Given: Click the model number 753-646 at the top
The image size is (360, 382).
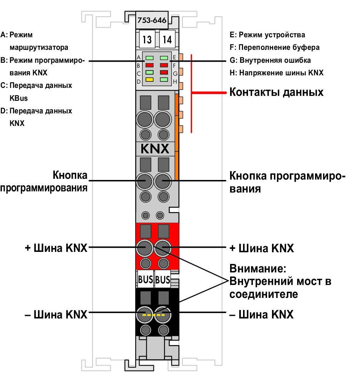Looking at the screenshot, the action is click(152, 20).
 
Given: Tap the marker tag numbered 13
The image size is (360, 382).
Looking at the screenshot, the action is click(147, 39).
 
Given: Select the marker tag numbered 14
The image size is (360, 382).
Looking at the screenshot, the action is click(167, 39).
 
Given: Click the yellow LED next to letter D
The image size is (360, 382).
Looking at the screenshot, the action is click(149, 80).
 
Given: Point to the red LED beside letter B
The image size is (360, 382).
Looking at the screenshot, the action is click(149, 65).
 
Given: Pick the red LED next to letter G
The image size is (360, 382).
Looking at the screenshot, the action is click(164, 72).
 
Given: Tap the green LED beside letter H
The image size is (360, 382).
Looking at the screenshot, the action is click(164, 80).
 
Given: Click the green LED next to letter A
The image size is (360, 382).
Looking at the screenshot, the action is click(149, 58).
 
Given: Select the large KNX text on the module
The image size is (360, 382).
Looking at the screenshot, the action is click(155, 149).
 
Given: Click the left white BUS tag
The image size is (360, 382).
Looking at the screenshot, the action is click(146, 279).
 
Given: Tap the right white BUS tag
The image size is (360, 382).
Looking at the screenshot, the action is click(162, 279).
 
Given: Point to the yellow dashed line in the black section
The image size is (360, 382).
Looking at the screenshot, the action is click(154, 315).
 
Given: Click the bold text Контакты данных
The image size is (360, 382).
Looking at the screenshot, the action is click(276, 92).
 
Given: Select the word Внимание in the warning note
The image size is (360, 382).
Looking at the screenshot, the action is click(258, 269).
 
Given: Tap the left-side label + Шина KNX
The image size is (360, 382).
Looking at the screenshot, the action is click(56, 248).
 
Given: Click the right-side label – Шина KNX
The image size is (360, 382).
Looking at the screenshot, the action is click(261, 314).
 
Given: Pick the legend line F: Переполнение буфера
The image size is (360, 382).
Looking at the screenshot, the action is click(275, 47).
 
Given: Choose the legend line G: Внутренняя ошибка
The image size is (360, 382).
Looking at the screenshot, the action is click(270, 60).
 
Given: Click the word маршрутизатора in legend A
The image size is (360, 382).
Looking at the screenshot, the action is click(39, 47).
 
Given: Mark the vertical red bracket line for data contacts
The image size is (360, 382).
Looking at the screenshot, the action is click(191, 94).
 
